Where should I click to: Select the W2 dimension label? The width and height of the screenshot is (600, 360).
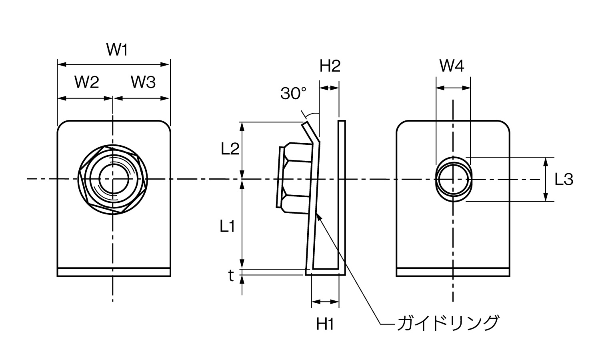click(x=86, y=82)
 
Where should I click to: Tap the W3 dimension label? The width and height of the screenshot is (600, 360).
click(x=143, y=82)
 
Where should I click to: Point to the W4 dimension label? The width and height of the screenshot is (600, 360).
click(x=452, y=66)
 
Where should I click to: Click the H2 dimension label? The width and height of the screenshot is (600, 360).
click(x=330, y=66)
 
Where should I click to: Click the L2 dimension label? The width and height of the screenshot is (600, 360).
click(x=230, y=149)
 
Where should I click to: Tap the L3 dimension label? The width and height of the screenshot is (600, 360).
click(x=564, y=180)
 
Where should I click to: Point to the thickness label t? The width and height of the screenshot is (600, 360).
click(x=231, y=276)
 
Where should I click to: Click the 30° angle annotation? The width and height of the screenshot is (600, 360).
click(x=293, y=94)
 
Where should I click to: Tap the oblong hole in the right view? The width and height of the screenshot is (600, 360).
click(x=453, y=179)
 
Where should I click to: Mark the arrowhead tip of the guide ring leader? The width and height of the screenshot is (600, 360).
click(x=317, y=214)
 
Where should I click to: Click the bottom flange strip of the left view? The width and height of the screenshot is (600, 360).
click(x=114, y=272)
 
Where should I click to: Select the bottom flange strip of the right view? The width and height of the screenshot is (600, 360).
click(x=453, y=272)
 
